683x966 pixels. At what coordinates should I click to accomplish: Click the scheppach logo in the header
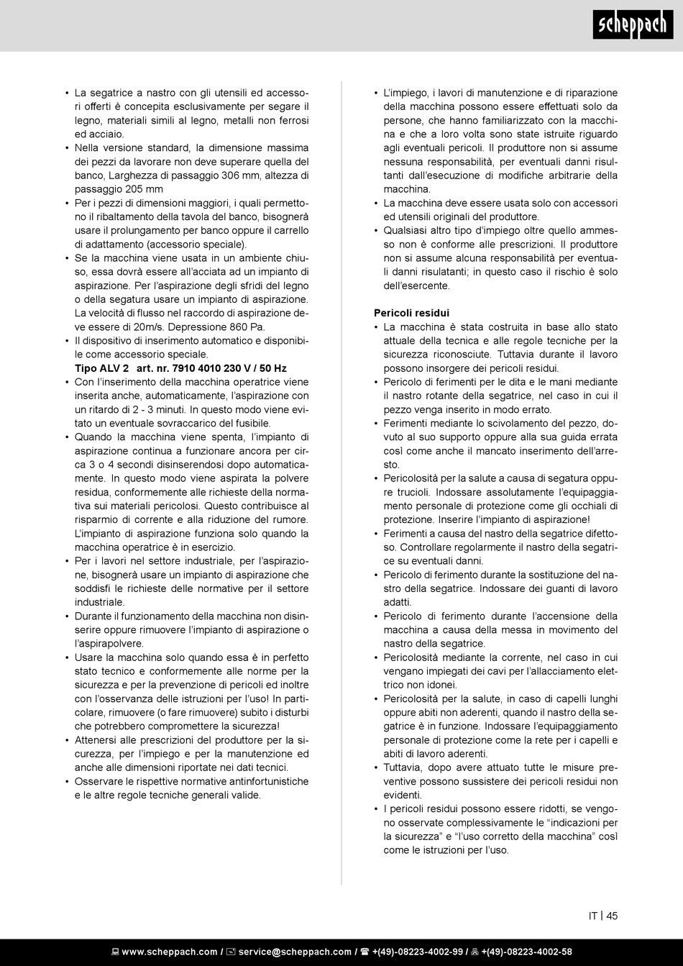633,26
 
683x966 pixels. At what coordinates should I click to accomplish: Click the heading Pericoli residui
411,313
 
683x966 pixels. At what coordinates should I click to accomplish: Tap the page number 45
612,916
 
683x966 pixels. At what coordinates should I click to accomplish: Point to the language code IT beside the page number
593,916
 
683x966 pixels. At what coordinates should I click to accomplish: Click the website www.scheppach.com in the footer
169,952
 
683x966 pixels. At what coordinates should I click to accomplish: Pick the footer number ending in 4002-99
418,952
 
